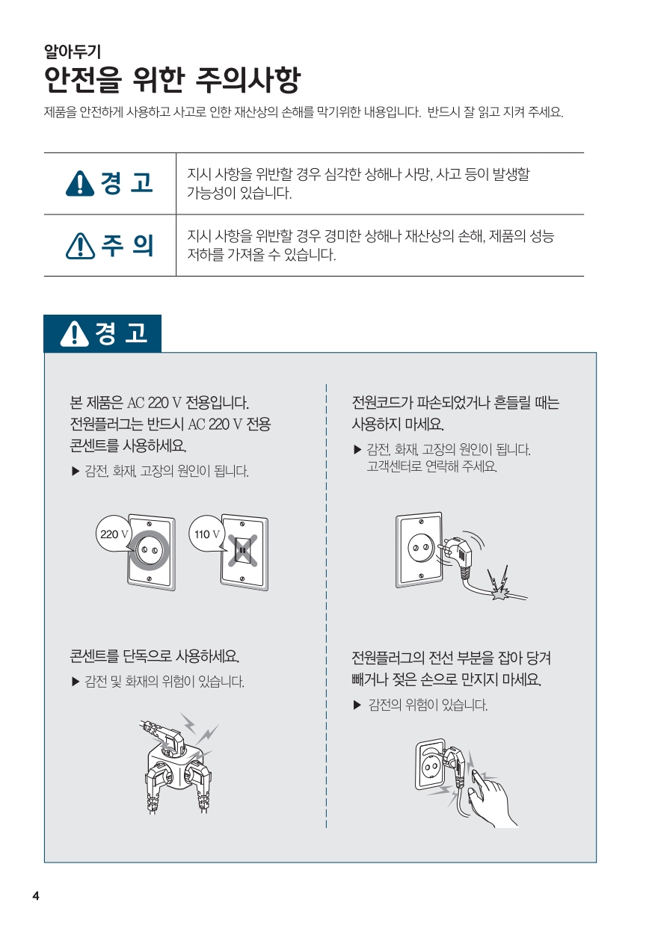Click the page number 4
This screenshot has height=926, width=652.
click(x=36, y=896)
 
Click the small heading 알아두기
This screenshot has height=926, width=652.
click(x=73, y=52)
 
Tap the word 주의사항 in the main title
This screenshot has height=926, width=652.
click(x=247, y=79)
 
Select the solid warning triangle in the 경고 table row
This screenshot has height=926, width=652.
click(x=80, y=183)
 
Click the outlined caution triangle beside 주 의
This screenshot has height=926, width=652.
click(x=80, y=246)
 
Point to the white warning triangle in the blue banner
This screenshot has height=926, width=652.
click(x=75, y=333)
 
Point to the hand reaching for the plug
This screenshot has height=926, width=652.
click(x=492, y=800)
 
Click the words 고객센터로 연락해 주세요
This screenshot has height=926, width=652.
click(x=431, y=466)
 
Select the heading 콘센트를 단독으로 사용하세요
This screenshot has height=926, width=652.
click(x=154, y=655)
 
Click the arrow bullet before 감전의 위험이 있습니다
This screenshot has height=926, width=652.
click(x=357, y=706)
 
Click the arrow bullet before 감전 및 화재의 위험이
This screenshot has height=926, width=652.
click(x=76, y=682)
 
